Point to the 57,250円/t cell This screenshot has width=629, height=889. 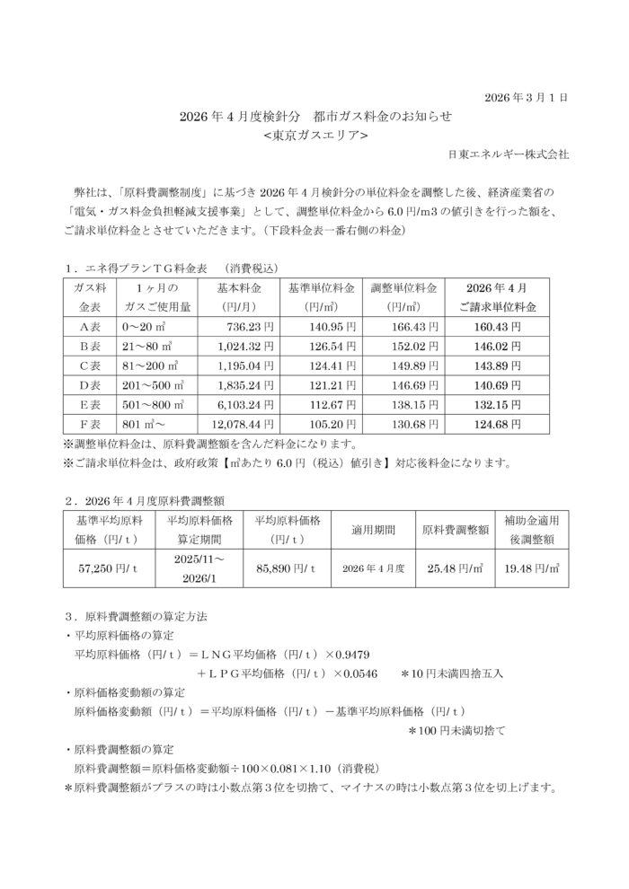click(x=105, y=568)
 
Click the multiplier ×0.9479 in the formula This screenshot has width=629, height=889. click(x=359, y=653)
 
